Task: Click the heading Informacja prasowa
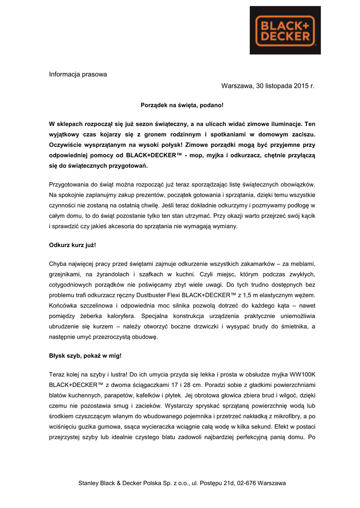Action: [x=78, y=74]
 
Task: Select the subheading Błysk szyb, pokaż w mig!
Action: [x=85, y=356]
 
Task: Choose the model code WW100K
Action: [x=301, y=374]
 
